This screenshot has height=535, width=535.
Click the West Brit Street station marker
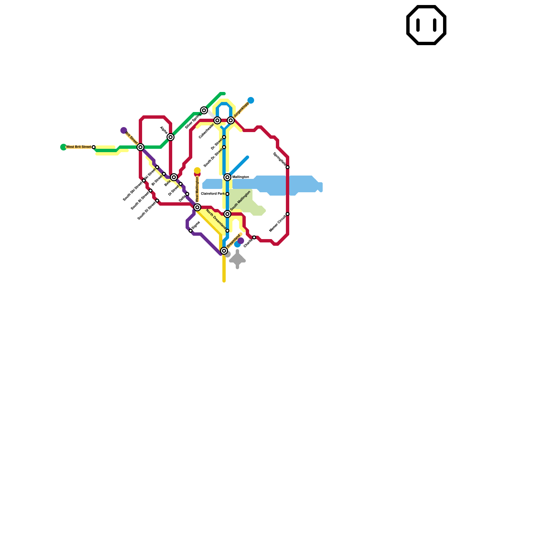click(x=94, y=147)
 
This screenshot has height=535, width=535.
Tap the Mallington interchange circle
click(x=227, y=177)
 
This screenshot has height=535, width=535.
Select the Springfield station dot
click(x=288, y=167)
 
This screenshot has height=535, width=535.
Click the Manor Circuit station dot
click(x=288, y=214)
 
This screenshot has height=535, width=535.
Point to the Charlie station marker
click(x=254, y=237)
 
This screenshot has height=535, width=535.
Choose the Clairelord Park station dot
click(x=227, y=194)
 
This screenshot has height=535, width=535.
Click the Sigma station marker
click(x=191, y=231)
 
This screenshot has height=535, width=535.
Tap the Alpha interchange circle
click(x=171, y=137)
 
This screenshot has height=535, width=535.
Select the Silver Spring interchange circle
click(x=204, y=110)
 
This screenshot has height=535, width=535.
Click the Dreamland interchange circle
click(x=224, y=251)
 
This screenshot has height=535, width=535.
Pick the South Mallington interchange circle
click(x=227, y=214)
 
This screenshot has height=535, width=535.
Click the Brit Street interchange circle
click(x=140, y=147)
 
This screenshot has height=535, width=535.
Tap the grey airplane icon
click(x=237, y=259)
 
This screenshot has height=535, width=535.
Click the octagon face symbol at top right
click(x=426, y=25)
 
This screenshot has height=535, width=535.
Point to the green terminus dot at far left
click(x=64, y=147)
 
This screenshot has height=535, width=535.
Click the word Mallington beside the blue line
click(x=241, y=177)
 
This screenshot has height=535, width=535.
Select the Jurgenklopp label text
click(x=241, y=110)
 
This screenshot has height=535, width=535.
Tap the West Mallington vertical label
click(x=197, y=189)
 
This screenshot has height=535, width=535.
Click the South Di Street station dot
click(x=157, y=201)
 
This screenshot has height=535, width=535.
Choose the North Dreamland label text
click(x=216, y=219)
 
